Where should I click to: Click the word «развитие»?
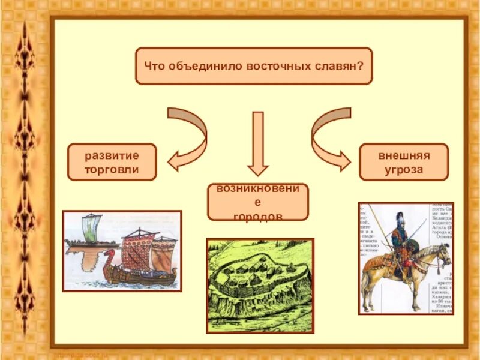(x=112, y=155)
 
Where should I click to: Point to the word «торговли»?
(x=112, y=169)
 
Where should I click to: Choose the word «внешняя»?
(x=404, y=155)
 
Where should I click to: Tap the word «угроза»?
(x=404, y=169)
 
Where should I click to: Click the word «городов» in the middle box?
(x=258, y=216)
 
